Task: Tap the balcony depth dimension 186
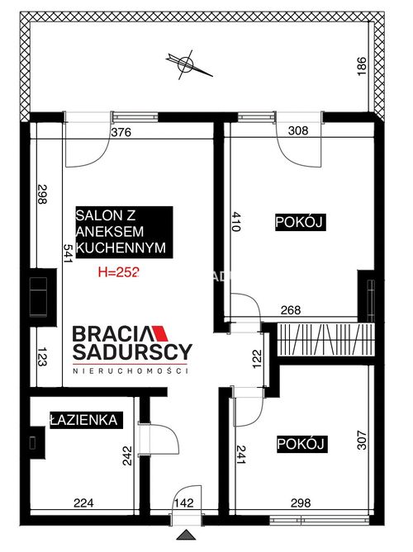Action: tap(362, 66)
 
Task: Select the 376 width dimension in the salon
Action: tap(121, 132)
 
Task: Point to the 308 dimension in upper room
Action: tap(298, 130)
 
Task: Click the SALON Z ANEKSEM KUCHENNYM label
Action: tap(124, 232)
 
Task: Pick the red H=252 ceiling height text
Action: tap(119, 271)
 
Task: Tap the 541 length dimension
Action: tap(67, 253)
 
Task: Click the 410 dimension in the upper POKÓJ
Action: tap(235, 221)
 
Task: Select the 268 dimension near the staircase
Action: tap(291, 310)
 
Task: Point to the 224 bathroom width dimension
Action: tap(83, 503)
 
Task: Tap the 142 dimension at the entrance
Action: tap(184, 502)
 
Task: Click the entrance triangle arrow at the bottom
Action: tap(186, 535)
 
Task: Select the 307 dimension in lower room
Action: tap(362, 440)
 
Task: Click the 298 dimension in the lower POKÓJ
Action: tap(301, 503)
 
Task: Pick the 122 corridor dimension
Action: tap(257, 359)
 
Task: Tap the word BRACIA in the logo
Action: tap(112, 333)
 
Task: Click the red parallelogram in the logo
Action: tap(161, 333)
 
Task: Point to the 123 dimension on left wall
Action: tap(42, 356)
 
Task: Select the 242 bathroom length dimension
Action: tap(127, 456)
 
